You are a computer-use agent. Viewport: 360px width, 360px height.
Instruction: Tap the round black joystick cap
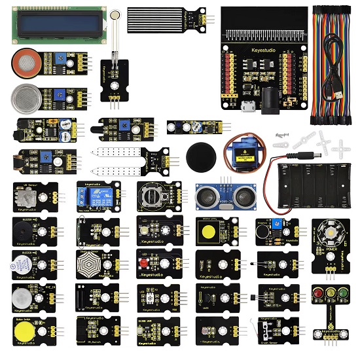coord(200,156)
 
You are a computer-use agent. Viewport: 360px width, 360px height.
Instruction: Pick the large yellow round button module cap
coord(24,332)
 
